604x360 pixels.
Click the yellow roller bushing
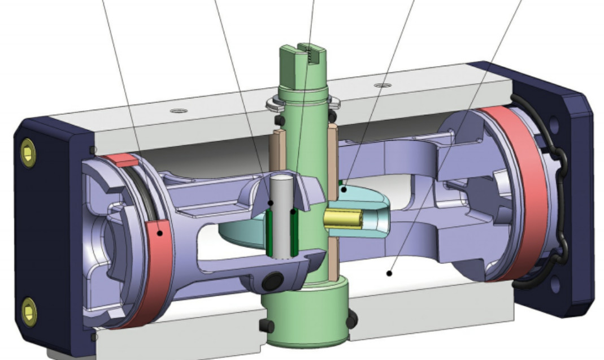(x=339, y=218)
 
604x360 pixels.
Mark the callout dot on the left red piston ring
(x=160, y=232)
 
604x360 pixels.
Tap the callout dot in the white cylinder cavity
(x=389, y=274)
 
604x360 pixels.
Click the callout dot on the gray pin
(x=271, y=202)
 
